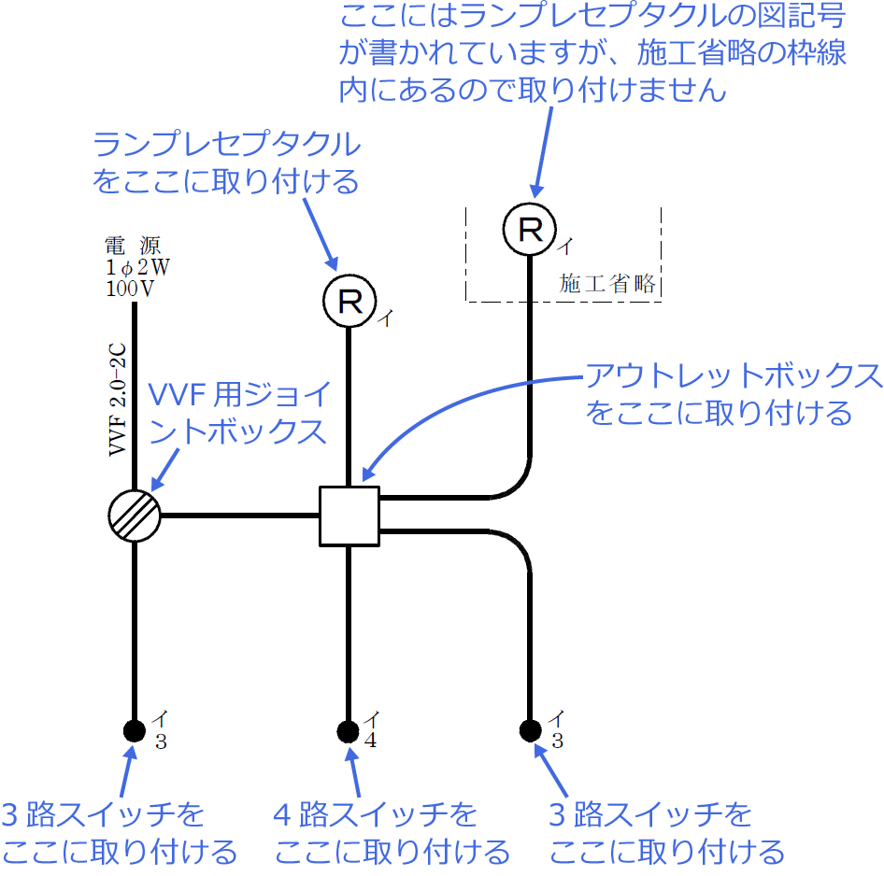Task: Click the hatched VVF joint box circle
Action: [x=135, y=515]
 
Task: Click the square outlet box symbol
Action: [x=349, y=516]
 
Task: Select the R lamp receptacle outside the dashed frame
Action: [x=349, y=301]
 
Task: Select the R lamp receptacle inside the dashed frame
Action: [x=530, y=230]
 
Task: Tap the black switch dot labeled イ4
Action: [x=348, y=730]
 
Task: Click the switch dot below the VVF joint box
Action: [x=135, y=730]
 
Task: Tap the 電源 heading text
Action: [x=134, y=247]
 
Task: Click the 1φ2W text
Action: [x=137, y=268]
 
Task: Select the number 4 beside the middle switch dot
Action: [x=371, y=742]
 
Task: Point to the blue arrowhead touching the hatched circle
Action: [x=155, y=486]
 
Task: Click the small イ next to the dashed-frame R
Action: [x=567, y=246]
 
